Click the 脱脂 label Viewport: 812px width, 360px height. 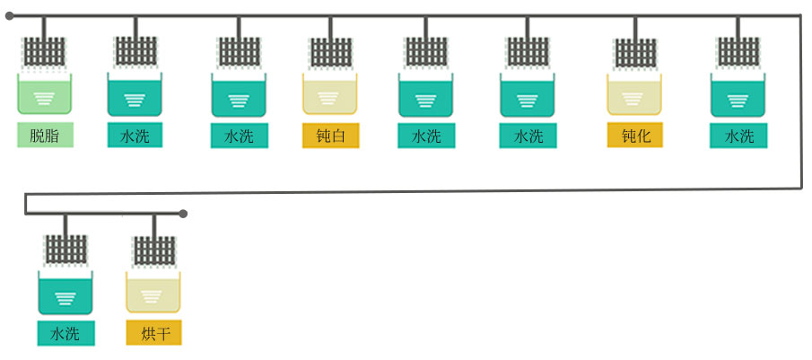45,135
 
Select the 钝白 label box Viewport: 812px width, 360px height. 330,136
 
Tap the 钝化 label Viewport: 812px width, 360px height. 635,135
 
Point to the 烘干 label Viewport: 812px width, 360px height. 153,332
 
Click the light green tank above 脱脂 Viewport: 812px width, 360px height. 45,93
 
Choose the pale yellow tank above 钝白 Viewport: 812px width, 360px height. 330,93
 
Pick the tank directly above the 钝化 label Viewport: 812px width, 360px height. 634,93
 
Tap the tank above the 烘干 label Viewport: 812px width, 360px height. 153,292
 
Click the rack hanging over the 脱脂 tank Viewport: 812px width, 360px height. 45,51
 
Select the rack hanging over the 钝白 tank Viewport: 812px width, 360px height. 330,52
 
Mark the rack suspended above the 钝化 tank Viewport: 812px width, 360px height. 635,53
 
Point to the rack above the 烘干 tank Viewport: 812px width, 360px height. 154,250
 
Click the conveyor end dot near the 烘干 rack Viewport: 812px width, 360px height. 183,214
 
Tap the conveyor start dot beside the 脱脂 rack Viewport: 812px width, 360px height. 9,16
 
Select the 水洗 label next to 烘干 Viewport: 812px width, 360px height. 65,333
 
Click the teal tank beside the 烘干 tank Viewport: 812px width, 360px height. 65,293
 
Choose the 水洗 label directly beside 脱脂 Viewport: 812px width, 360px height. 135,135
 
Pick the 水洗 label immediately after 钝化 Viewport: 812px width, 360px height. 738,136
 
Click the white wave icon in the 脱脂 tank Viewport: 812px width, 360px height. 45,99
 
